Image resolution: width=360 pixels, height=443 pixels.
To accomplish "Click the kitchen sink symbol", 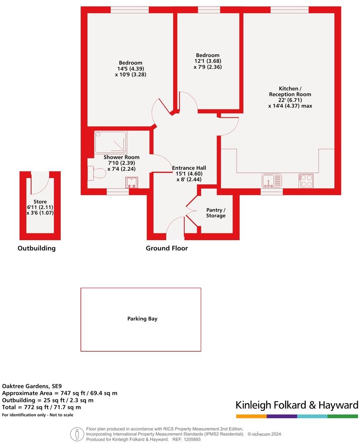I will [272, 181].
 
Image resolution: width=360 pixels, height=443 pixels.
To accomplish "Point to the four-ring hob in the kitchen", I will [306, 181].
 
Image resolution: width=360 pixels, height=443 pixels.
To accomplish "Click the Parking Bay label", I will [142, 319].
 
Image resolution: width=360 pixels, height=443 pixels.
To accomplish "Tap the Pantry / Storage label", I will [216, 213].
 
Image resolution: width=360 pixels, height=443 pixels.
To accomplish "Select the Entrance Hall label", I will [189, 168].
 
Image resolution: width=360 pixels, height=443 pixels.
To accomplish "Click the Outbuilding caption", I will [36, 248].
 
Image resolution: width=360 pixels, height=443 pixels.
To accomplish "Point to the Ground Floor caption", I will [167, 248].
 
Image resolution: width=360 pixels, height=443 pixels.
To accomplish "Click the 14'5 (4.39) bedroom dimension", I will [131, 69].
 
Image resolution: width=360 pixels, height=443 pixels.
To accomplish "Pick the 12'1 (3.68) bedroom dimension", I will [207, 61].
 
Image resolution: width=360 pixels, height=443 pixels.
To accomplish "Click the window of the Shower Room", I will [118, 192].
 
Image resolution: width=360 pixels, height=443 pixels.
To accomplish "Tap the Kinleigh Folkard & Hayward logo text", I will [297, 405].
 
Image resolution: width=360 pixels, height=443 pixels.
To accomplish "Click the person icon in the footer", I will [77, 434].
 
